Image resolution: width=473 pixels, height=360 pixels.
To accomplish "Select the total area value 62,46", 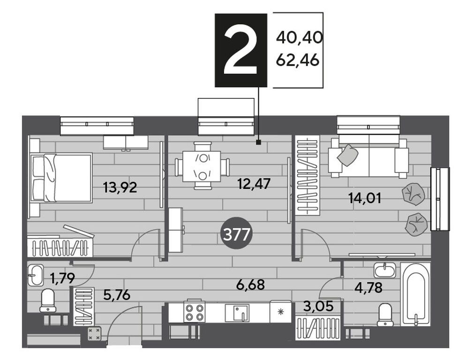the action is pyautogui.click(x=298, y=60).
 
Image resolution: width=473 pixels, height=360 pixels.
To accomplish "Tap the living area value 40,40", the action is pyautogui.click(x=300, y=37).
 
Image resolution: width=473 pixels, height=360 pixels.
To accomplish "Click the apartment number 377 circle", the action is pyautogui.click(x=236, y=234).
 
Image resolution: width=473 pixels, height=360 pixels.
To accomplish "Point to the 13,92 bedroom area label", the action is pyautogui.click(x=120, y=187).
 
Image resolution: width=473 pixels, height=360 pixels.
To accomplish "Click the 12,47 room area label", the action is pyautogui.click(x=254, y=184).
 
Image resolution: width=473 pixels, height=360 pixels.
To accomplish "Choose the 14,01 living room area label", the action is pyautogui.click(x=365, y=198).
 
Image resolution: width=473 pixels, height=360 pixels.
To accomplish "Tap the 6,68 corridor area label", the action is pyautogui.click(x=251, y=284).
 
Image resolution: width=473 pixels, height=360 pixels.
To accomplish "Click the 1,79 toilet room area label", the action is pyautogui.click(x=62, y=278).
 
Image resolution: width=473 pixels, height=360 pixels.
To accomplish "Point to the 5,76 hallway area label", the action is pyautogui.click(x=117, y=295).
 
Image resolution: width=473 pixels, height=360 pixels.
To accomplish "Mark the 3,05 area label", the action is pyautogui.click(x=319, y=306).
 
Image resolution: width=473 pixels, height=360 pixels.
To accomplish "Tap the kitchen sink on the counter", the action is pyautogui.click(x=237, y=313).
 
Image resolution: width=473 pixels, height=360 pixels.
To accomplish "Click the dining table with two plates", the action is pyautogui.click(x=202, y=166).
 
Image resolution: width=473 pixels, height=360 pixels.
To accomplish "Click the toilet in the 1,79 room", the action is pyautogui.click(x=48, y=300).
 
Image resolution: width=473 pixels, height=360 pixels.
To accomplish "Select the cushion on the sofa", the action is pyautogui.click(x=347, y=155).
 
